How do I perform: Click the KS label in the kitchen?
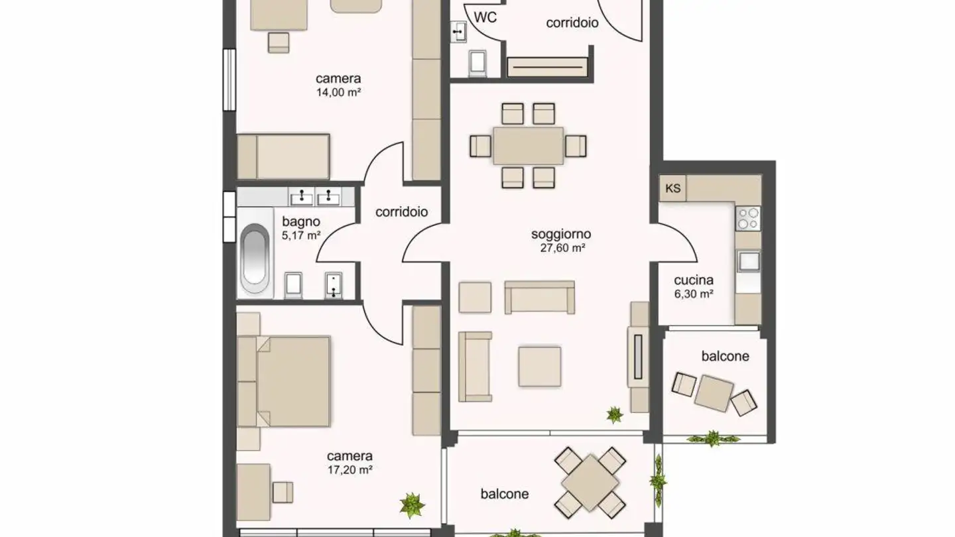click(x=672, y=188)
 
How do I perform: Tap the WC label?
click(x=486, y=18)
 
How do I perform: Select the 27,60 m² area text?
click(x=560, y=249)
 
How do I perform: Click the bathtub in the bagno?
click(x=255, y=259)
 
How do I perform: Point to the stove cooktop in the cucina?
click(x=748, y=218)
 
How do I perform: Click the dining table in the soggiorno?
click(x=528, y=146)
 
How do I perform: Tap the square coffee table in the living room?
click(x=539, y=367)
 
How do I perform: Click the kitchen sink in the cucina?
click(x=749, y=261)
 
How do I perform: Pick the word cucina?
click(x=693, y=280)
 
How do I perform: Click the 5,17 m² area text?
click(x=301, y=235)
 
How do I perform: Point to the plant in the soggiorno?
click(x=615, y=416)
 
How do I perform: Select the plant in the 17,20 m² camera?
click(x=412, y=505)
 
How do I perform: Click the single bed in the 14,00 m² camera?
click(x=284, y=156)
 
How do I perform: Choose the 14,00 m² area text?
click(x=338, y=93)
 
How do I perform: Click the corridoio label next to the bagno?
click(x=401, y=212)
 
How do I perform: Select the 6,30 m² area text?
click(x=693, y=293)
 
